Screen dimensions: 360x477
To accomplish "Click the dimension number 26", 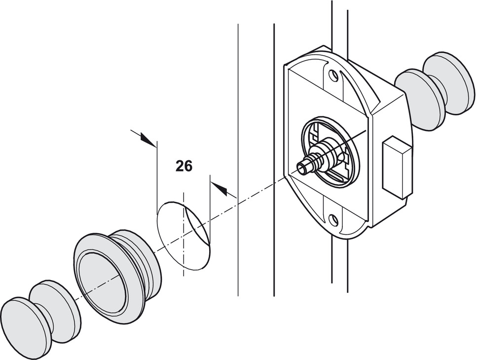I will pos(183,166).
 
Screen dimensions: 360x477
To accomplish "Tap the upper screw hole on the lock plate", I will pos(334,76).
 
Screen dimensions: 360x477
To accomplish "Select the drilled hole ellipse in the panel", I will pos(183,235).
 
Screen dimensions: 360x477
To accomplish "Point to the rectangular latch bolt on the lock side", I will pos(397,167).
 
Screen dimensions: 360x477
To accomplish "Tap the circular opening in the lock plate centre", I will pos(330,150).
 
